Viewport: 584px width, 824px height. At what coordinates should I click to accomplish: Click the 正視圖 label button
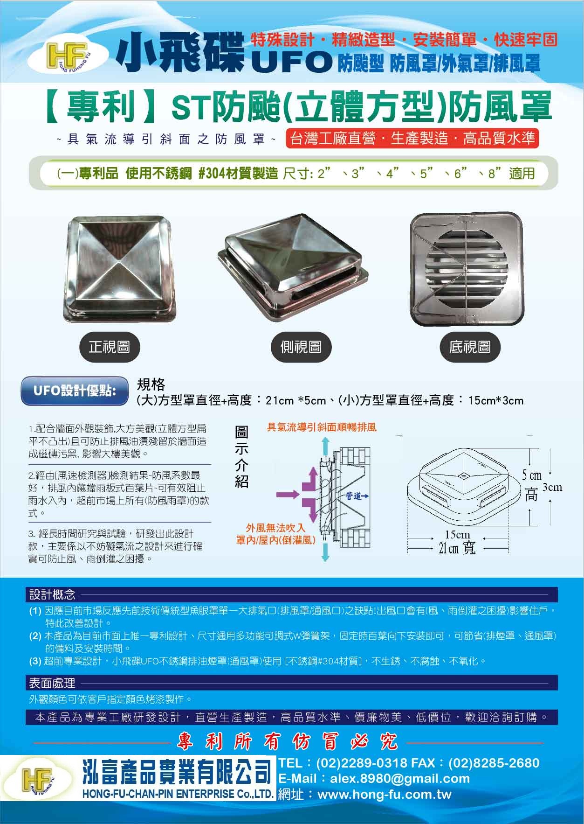pyautogui.click(x=110, y=347)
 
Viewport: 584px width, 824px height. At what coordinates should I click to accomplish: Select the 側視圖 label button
pyautogui.click(x=301, y=347)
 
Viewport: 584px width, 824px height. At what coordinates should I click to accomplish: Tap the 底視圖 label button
pyautogui.click(x=469, y=347)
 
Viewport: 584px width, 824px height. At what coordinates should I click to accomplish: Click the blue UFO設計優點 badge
pyautogui.click(x=75, y=391)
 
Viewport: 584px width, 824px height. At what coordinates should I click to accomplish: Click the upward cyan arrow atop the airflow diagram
pyautogui.click(x=324, y=446)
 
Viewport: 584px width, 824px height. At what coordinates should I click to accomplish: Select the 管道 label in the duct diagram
pyautogui.click(x=355, y=496)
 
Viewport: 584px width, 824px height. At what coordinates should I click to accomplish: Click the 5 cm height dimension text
pyautogui.click(x=531, y=475)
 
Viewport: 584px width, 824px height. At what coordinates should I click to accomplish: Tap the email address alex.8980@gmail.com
pyautogui.click(x=400, y=778)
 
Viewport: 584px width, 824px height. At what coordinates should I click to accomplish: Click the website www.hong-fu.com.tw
pyautogui.click(x=385, y=795)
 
